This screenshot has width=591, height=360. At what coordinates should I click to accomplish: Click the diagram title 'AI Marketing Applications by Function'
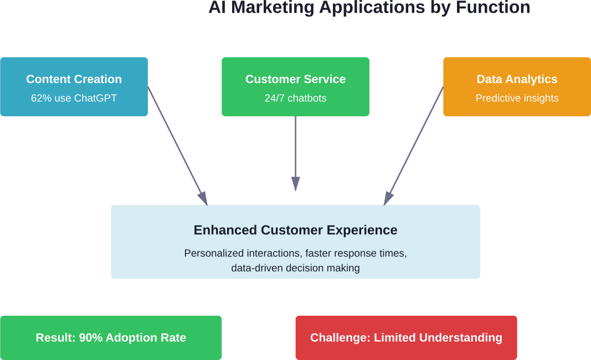pyautogui.click(x=369, y=8)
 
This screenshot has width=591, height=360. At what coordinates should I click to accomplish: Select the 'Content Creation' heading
pyautogui.click(x=74, y=79)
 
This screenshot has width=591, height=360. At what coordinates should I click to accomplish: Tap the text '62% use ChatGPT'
pyautogui.click(x=74, y=99)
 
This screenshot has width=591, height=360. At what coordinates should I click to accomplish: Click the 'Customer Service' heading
pyautogui.click(x=295, y=79)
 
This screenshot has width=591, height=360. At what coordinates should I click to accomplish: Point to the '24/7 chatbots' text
pyautogui.click(x=295, y=99)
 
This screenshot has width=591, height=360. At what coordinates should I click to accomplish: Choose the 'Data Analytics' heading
pyautogui.click(x=517, y=79)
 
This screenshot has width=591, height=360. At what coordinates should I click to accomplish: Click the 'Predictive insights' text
pyautogui.click(x=517, y=99)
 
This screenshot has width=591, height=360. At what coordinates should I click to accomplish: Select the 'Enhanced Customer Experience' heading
pyautogui.click(x=295, y=230)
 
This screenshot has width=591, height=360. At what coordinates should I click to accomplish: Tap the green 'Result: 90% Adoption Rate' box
pyautogui.click(x=111, y=338)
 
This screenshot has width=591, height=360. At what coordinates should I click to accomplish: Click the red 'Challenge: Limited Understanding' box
pyautogui.click(x=406, y=338)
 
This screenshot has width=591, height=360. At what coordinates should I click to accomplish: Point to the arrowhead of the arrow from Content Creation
pyautogui.click(x=203, y=198)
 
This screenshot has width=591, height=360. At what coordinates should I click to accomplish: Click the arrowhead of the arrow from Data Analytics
pyautogui.click(x=388, y=198)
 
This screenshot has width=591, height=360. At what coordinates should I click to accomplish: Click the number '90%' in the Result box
pyautogui.click(x=91, y=338)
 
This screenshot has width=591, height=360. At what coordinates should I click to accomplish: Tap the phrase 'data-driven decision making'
pyautogui.click(x=295, y=268)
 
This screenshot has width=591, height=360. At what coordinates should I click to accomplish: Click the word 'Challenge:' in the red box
pyautogui.click(x=340, y=338)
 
